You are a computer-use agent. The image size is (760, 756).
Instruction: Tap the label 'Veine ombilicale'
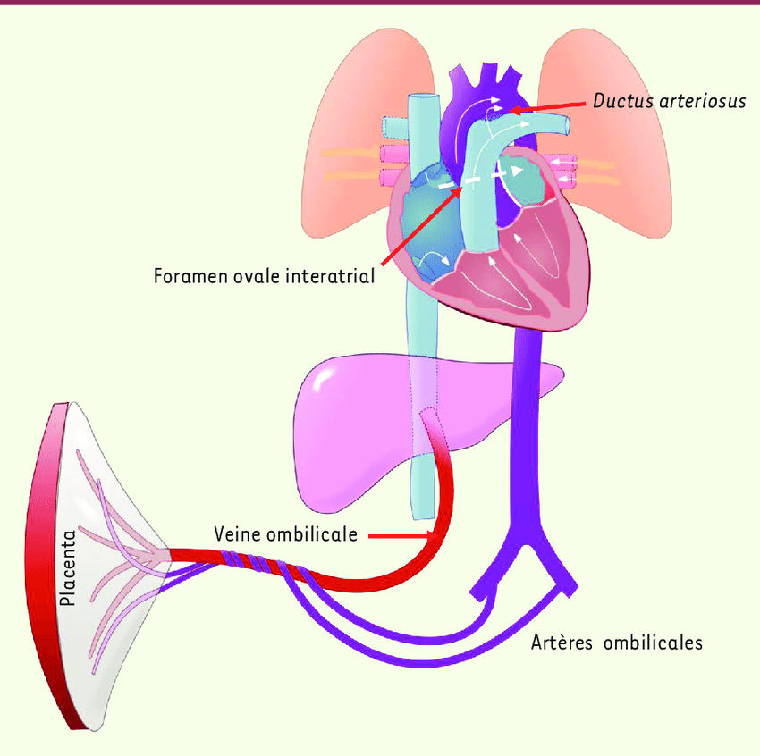pos(285,534)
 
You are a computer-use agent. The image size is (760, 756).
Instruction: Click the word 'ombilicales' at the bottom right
pos(653,643)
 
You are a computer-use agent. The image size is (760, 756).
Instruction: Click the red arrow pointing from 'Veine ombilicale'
pos(402,535)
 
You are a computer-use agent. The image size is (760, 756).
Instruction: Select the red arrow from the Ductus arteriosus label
pos(551,105)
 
